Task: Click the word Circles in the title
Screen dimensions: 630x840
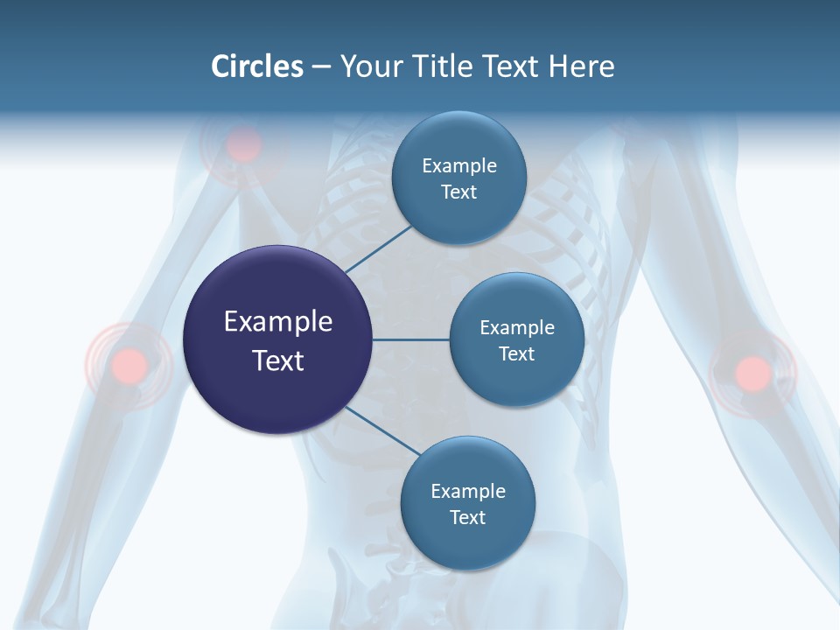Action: coord(257,66)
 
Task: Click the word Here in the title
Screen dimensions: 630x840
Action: coord(581,66)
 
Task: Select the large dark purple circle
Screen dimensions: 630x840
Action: coord(278,339)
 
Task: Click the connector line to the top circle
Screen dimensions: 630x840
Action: coord(378,249)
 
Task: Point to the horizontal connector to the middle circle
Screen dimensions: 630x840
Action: coord(410,339)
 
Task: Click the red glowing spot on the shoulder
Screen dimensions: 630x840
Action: coord(243,145)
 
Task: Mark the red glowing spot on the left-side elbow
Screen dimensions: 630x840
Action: coord(129,364)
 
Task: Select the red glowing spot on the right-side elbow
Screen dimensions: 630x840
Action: coord(752,373)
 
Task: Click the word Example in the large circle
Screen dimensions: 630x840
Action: coord(278,322)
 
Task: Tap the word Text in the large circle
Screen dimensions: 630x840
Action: coord(278,360)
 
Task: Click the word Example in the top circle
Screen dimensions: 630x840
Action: coord(459,166)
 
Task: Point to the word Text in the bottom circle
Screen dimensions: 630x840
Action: coord(467,518)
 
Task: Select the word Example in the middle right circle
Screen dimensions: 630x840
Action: coord(517,328)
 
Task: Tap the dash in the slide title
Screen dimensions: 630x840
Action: coord(321,67)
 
